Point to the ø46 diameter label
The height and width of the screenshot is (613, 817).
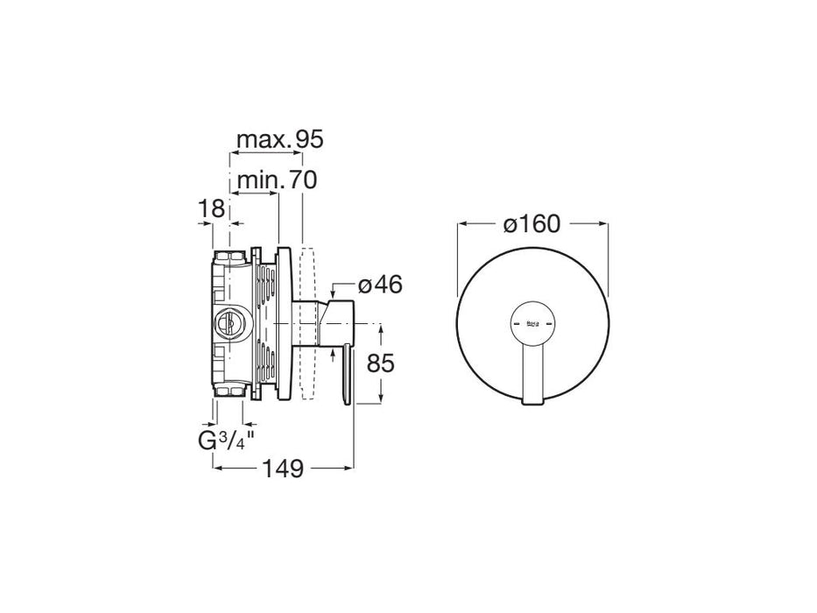(380, 285)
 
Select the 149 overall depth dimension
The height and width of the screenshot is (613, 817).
(283, 469)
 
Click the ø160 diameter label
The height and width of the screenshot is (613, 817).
(531, 224)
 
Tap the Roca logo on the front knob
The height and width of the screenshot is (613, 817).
(532, 325)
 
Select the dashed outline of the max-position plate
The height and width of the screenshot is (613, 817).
(306, 325)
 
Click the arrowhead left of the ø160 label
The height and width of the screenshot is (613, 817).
(462, 225)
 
